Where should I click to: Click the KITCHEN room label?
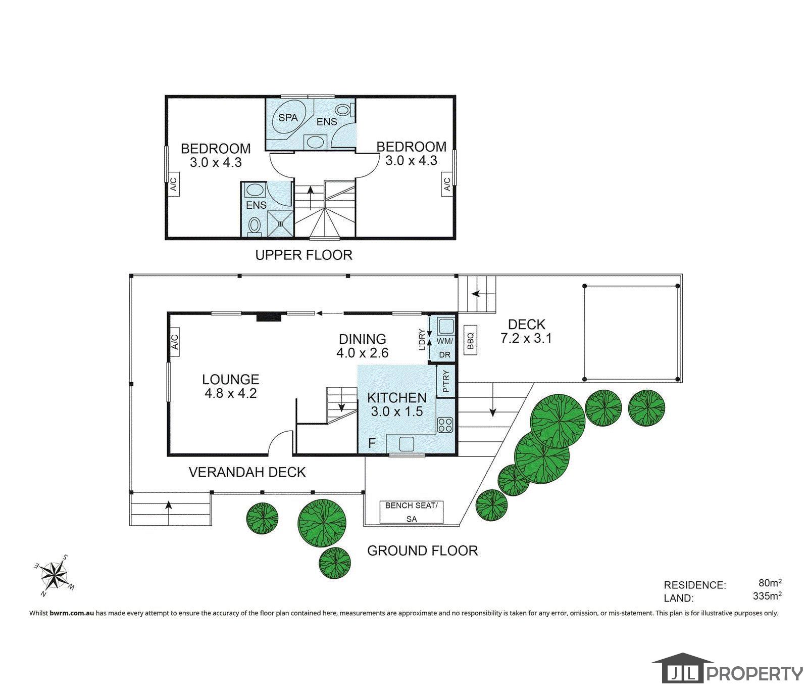396,398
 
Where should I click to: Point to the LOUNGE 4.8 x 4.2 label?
230,386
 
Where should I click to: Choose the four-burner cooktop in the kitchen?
445,425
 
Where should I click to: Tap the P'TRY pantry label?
445,382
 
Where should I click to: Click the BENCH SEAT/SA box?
412,512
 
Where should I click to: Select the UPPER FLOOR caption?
304,255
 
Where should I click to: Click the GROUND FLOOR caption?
422,550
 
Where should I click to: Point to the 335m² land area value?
767,596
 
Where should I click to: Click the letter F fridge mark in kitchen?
372,443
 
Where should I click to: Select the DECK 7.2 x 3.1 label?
526,331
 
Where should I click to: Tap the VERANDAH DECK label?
247,472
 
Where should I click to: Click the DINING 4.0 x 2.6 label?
362,346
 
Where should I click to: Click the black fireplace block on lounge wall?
268,316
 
